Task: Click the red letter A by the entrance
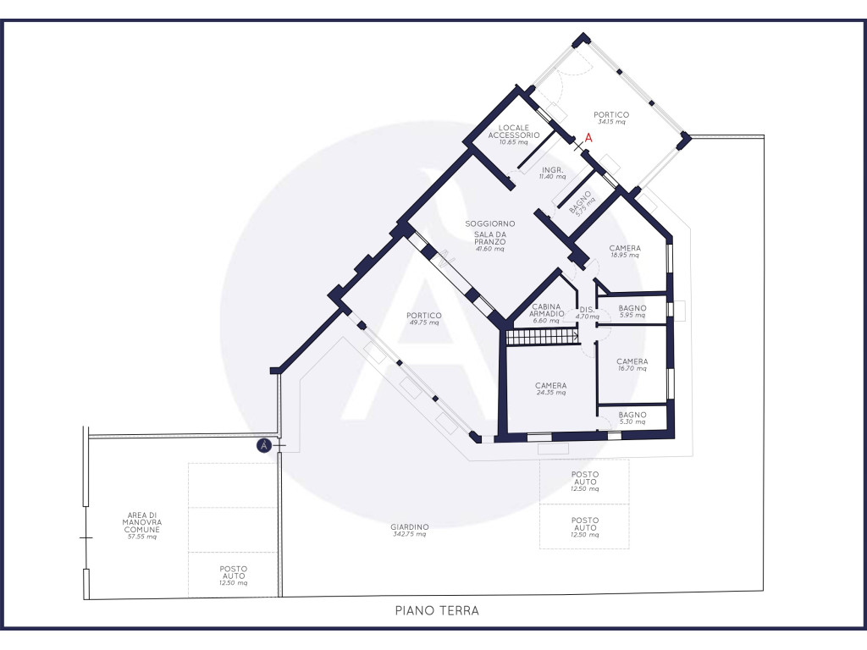[588, 138]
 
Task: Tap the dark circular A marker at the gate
[264, 445]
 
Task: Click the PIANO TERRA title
[437, 611]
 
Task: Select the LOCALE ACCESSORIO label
[514, 131]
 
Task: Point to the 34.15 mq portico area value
[611, 122]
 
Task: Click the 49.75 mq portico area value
[424, 322]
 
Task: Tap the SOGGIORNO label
[490, 223]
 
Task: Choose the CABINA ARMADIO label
[546, 310]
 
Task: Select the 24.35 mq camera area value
[550, 393]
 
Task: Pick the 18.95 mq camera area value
[625, 256]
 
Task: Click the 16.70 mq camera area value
[632, 368]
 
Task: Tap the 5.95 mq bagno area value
[632, 315]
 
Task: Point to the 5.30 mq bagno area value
[632, 421]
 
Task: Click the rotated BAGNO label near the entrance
[579, 201]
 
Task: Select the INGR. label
[552, 169]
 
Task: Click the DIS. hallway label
[587, 310]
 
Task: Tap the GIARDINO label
[410, 526]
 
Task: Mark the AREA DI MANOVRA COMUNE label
[142, 522]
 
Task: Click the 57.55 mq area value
[142, 537]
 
